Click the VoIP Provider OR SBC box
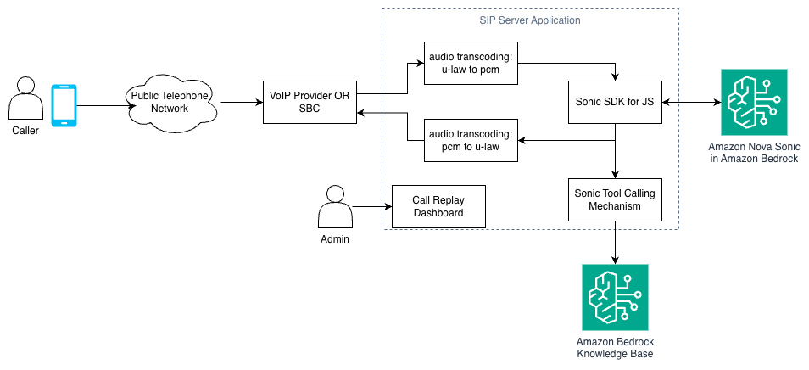coord(309,102)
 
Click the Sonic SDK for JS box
coord(615,102)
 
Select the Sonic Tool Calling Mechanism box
coord(615,199)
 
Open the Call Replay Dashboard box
coord(438,206)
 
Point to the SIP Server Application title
coord(530,20)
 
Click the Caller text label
coord(25,131)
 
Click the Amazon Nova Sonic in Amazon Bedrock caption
coord(753,153)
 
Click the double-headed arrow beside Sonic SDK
coord(690,102)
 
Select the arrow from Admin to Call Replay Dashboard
coord(371,206)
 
